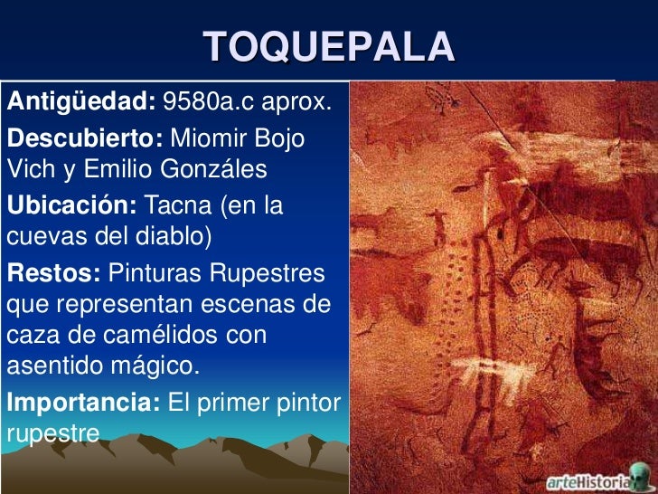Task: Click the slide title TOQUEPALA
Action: pos(329,46)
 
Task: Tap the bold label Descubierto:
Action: pos(85,140)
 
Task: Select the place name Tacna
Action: pos(178,205)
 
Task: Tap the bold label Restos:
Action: pos(53,272)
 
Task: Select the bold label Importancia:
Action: pos(84,403)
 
